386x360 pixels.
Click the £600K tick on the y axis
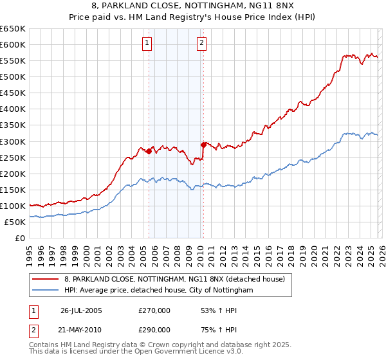tap(13, 44)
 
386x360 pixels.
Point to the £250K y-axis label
tap(13, 157)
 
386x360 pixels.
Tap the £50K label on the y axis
tap(15, 222)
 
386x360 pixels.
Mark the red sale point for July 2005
tap(149, 152)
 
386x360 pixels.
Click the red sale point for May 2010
tap(204, 145)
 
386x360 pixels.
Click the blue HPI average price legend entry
tap(158, 291)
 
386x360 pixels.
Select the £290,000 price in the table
tap(154, 329)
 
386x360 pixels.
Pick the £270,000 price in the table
tap(154, 310)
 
